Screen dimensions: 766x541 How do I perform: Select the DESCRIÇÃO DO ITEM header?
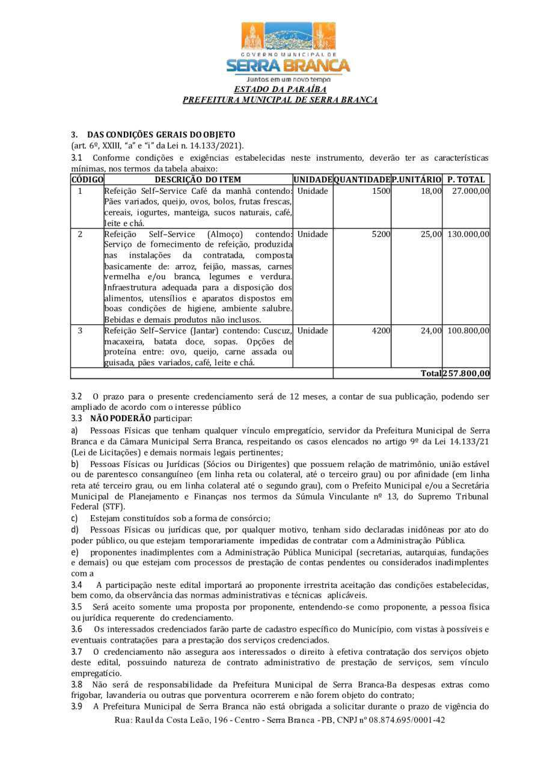click(x=198, y=179)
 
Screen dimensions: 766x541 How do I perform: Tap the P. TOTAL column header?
click(x=467, y=179)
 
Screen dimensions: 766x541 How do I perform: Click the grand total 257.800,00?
click(x=466, y=373)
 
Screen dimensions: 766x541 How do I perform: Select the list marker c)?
click(x=75, y=518)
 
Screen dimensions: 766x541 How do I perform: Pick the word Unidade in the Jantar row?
click(x=313, y=331)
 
